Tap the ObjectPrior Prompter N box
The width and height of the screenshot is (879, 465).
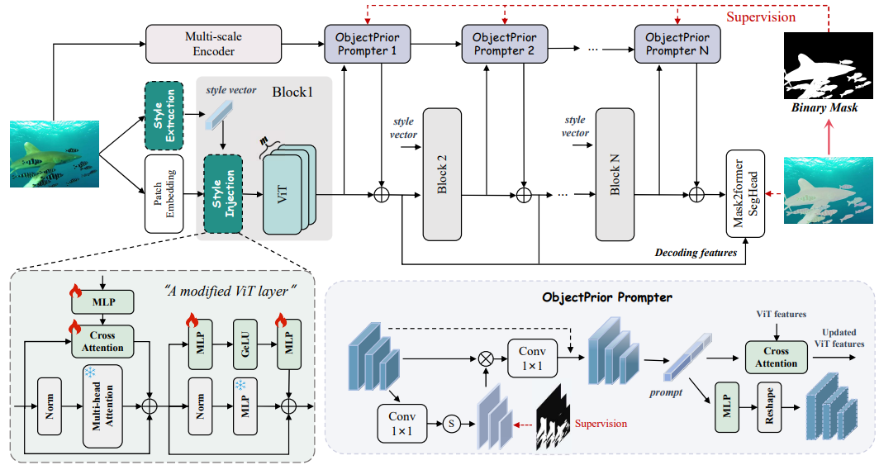coord(677,44)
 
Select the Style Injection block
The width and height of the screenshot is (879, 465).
coord(222,192)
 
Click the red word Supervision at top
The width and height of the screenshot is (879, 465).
coord(762,17)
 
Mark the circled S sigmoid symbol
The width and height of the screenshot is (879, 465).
coord(451,424)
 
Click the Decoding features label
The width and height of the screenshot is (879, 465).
coord(695,252)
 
